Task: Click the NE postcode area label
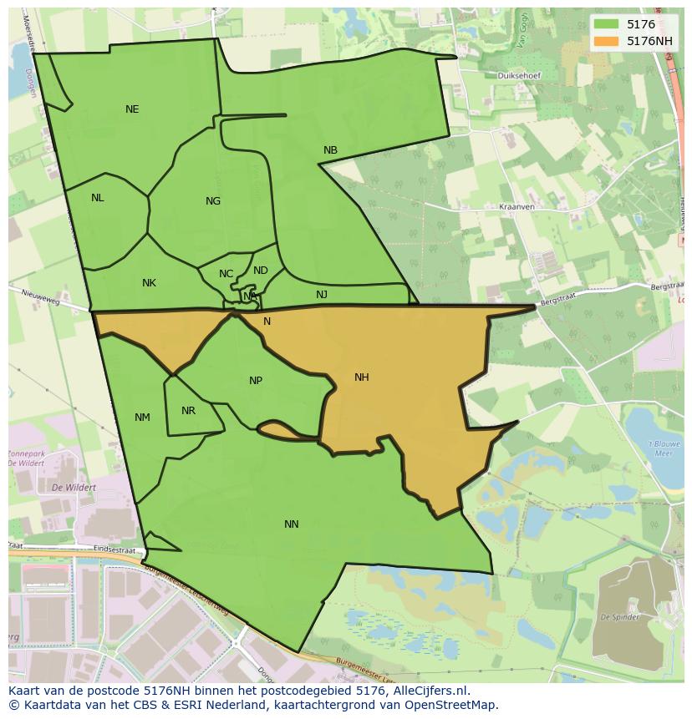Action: (x=132, y=109)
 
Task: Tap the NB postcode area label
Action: (x=330, y=150)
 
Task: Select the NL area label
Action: (x=98, y=198)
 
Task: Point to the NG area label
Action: (x=213, y=201)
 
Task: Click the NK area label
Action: (x=149, y=283)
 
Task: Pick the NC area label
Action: (x=226, y=274)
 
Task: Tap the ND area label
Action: (x=261, y=271)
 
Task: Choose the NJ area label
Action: (x=322, y=295)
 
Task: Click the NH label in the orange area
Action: (x=361, y=377)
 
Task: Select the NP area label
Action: (x=256, y=381)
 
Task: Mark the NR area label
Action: (x=188, y=411)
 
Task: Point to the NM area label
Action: (x=142, y=418)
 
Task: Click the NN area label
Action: (x=291, y=524)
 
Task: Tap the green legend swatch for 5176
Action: (x=608, y=25)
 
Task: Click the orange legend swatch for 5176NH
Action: (x=608, y=40)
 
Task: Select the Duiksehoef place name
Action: (x=518, y=75)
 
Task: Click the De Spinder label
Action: (x=620, y=617)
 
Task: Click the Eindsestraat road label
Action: (x=114, y=549)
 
